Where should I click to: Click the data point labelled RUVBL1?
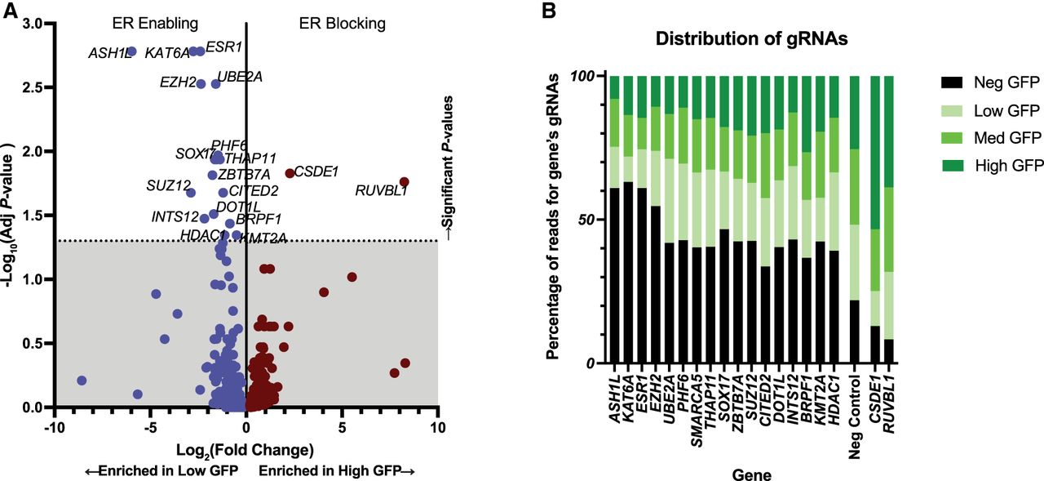(x=404, y=182)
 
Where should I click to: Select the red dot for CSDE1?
(x=290, y=173)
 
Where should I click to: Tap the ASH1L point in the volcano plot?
(x=132, y=51)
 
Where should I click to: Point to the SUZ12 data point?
(x=190, y=192)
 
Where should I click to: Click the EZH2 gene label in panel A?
(x=178, y=82)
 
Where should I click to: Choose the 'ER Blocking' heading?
(x=342, y=24)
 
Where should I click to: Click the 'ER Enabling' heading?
(x=155, y=24)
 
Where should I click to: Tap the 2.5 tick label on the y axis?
(x=33, y=87)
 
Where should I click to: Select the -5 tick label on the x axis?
(x=150, y=427)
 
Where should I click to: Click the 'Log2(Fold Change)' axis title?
(x=245, y=450)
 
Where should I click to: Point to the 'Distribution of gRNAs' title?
(x=751, y=38)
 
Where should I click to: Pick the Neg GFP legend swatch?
(x=951, y=82)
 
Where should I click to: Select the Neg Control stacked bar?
(x=854, y=220)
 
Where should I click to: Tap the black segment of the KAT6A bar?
(x=628, y=273)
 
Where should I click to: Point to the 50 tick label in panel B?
(x=586, y=220)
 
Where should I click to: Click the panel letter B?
(x=549, y=11)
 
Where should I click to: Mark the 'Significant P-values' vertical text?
(x=448, y=168)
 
